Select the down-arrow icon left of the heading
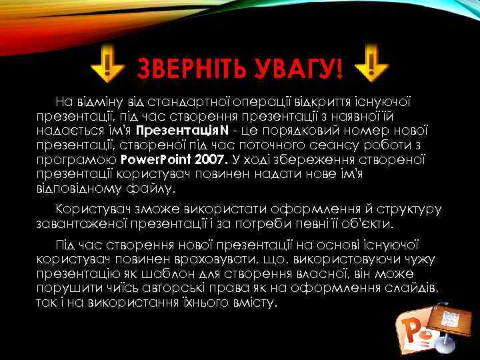pyautogui.click(x=108, y=64)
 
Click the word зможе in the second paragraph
pyautogui.click(x=154, y=209)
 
